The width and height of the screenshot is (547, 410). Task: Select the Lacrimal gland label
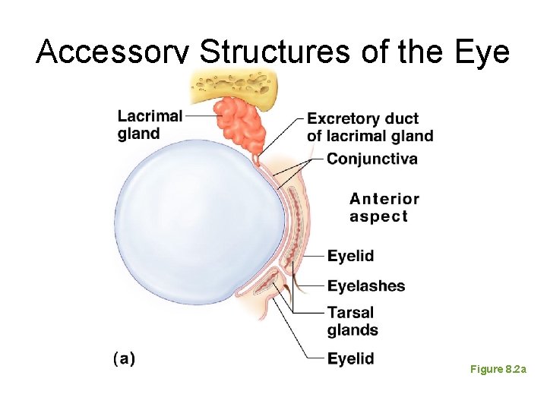(x=150, y=125)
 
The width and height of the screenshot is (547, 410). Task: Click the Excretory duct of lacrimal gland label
(x=370, y=128)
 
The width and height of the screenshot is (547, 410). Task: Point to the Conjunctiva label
(x=372, y=159)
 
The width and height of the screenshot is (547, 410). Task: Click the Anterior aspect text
(x=384, y=207)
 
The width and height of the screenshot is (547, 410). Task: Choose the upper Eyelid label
(x=350, y=256)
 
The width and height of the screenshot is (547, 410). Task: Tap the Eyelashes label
(x=366, y=286)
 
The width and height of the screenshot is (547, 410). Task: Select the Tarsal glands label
(x=353, y=321)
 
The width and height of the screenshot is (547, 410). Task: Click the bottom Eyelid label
(x=350, y=358)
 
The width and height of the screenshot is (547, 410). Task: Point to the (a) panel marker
(x=124, y=358)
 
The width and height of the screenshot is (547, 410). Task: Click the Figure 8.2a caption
(x=498, y=369)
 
